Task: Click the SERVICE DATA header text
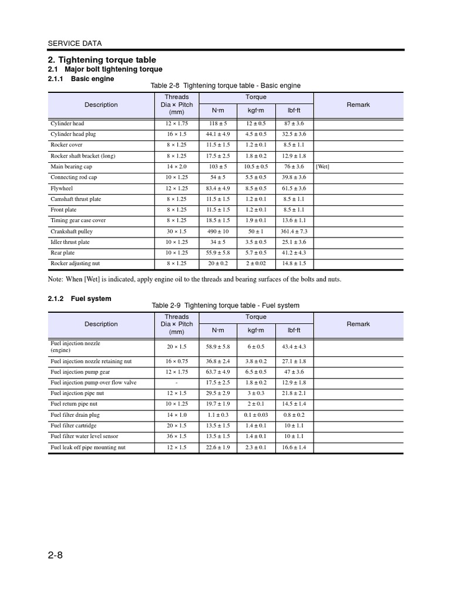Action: [74, 43]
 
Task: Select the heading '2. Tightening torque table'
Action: [101, 60]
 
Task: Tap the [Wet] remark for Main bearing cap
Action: [322, 166]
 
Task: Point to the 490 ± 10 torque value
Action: [218, 232]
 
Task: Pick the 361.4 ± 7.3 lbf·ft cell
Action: [294, 232]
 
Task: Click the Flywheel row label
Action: [61, 188]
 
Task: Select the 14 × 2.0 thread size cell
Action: [177, 166]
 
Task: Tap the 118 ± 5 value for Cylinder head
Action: [218, 123]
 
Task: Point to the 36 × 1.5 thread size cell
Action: [177, 436]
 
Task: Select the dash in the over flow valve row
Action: [177, 383]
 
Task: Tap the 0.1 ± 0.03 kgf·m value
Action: [255, 415]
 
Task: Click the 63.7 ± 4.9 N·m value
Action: [218, 372]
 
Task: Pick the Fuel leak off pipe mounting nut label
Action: [87, 447]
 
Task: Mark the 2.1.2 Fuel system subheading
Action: [79, 299]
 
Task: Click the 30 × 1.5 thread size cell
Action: [177, 232]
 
